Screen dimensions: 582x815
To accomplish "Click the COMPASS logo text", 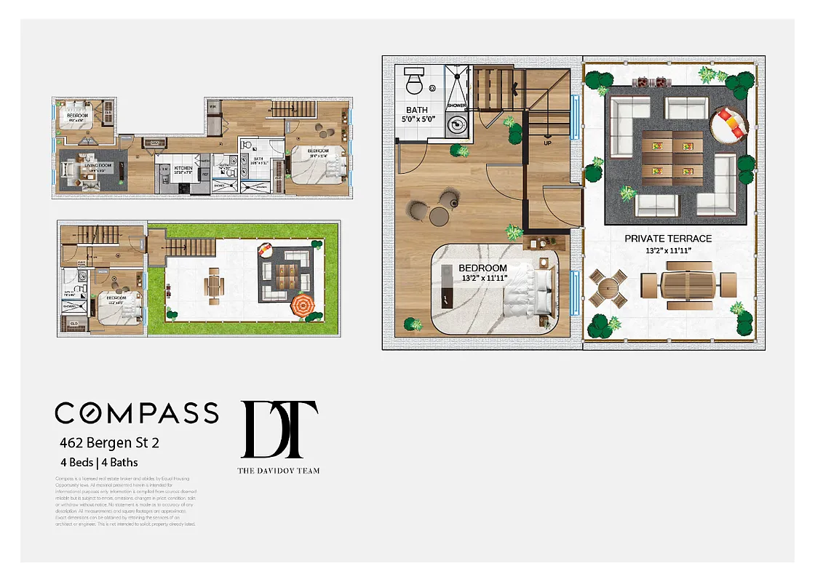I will [137, 412].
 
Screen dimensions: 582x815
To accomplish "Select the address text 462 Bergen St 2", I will [108, 442].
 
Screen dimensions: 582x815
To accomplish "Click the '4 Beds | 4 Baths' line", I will [99, 462].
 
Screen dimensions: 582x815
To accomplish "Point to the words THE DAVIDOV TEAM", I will [279, 471].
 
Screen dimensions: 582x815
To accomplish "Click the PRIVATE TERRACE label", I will [668, 239].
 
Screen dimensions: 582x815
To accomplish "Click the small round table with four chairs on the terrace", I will [608, 290].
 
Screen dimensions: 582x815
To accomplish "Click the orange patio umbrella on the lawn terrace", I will [304, 306].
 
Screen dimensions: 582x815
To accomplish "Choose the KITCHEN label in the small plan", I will [183, 168].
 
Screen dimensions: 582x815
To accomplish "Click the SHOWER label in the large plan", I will [457, 106].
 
